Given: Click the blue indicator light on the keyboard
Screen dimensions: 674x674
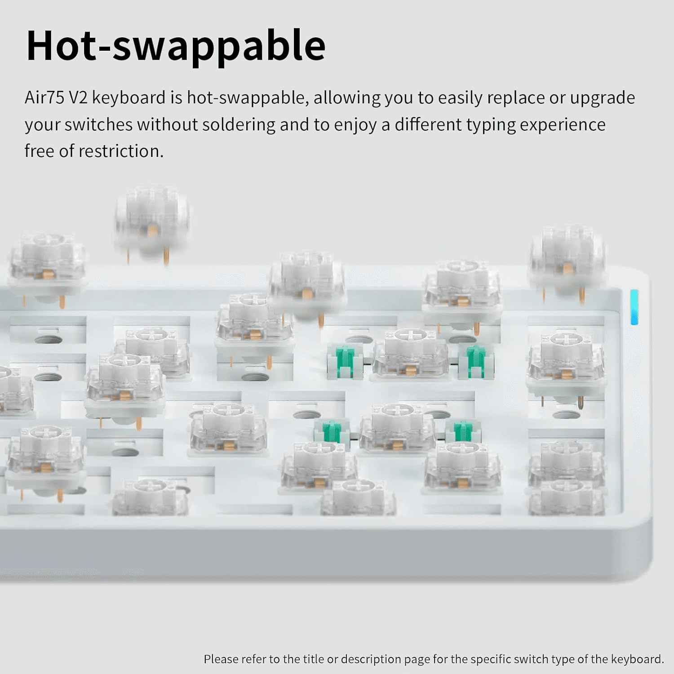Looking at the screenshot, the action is click(x=634, y=307).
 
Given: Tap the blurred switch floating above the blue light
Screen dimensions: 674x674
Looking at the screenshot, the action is click(x=568, y=261).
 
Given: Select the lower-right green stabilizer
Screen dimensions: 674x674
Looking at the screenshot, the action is click(x=463, y=432).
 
